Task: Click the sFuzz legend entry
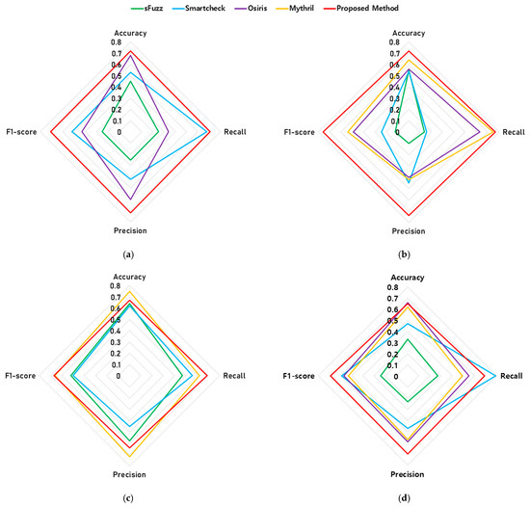[x=147, y=8]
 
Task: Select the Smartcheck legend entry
[x=199, y=8]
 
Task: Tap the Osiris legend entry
[x=251, y=8]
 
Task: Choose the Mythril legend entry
[x=295, y=8]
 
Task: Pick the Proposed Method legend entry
[x=360, y=8]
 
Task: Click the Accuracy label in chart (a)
[x=130, y=33]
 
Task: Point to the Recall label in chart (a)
[x=235, y=132]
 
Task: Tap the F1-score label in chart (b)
[x=299, y=132]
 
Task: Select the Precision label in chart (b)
[x=409, y=231]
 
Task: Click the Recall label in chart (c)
[x=234, y=376]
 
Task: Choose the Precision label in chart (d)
[x=408, y=474]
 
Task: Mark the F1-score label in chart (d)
[x=299, y=376]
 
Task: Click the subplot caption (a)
[x=128, y=254]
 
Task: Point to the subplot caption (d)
[x=405, y=498]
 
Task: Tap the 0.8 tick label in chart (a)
[x=117, y=42]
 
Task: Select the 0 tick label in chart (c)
[x=119, y=376]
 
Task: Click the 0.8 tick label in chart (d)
[x=393, y=287]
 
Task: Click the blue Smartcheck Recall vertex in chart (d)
[x=496, y=376]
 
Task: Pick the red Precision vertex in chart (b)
[x=409, y=215]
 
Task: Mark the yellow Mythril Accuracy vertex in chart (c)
[x=129, y=291]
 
